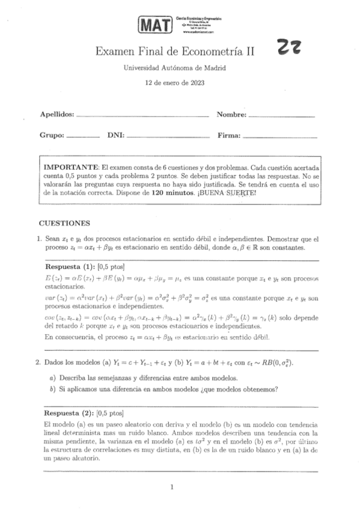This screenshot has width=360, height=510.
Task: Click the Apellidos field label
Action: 57,114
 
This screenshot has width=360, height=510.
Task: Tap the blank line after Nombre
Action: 281,114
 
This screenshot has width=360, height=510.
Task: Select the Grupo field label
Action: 52,135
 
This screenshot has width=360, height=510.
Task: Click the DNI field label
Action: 115,135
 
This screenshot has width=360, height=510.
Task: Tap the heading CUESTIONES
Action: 64,222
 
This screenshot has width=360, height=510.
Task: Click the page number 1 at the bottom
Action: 172,488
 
